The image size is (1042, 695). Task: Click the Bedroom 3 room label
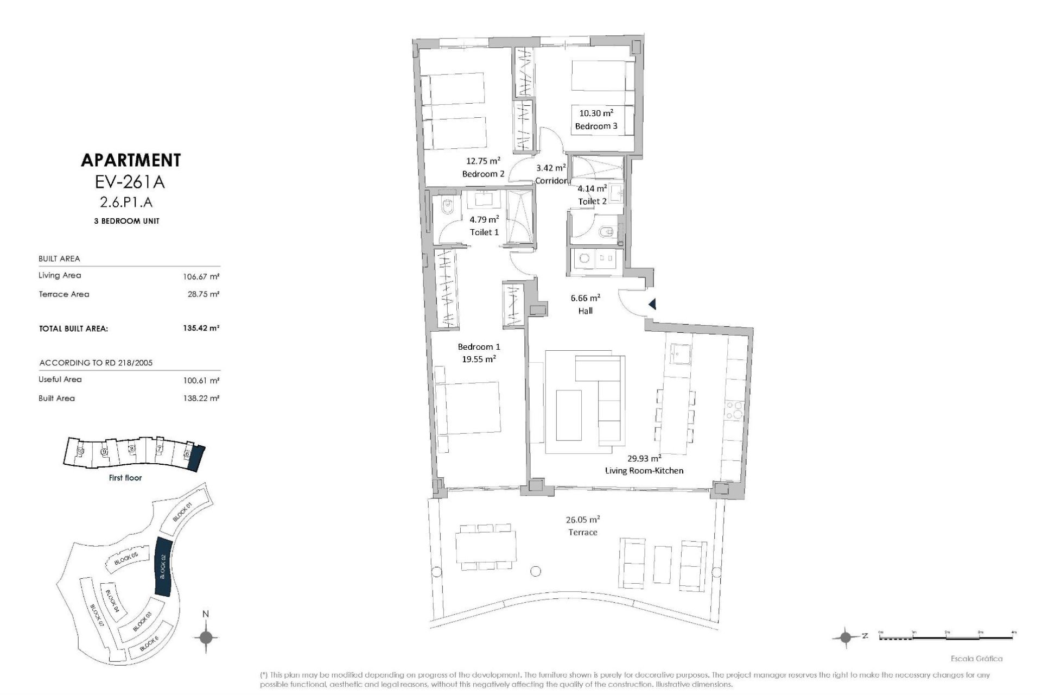pyautogui.click(x=596, y=126)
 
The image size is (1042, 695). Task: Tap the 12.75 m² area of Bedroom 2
pyautogui.click(x=482, y=161)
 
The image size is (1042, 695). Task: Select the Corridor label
pyautogui.click(x=550, y=180)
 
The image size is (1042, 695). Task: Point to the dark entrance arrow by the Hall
pyautogui.click(x=652, y=305)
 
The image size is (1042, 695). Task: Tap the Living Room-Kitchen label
pyautogui.click(x=644, y=470)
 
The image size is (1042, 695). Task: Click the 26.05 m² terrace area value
pyautogui.click(x=582, y=519)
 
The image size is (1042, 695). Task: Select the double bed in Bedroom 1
pyautogui.click(x=468, y=408)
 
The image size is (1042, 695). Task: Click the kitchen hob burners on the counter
pyautogui.click(x=735, y=409)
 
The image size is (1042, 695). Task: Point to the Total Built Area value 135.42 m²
pyautogui.click(x=201, y=328)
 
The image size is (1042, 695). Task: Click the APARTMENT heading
pyautogui.click(x=130, y=160)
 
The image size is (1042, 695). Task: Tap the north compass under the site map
pyautogui.click(x=206, y=637)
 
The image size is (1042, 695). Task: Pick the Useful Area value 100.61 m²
pyautogui.click(x=201, y=380)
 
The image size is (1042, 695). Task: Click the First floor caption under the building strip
pyautogui.click(x=125, y=478)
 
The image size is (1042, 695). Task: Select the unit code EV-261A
pyautogui.click(x=130, y=182)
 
